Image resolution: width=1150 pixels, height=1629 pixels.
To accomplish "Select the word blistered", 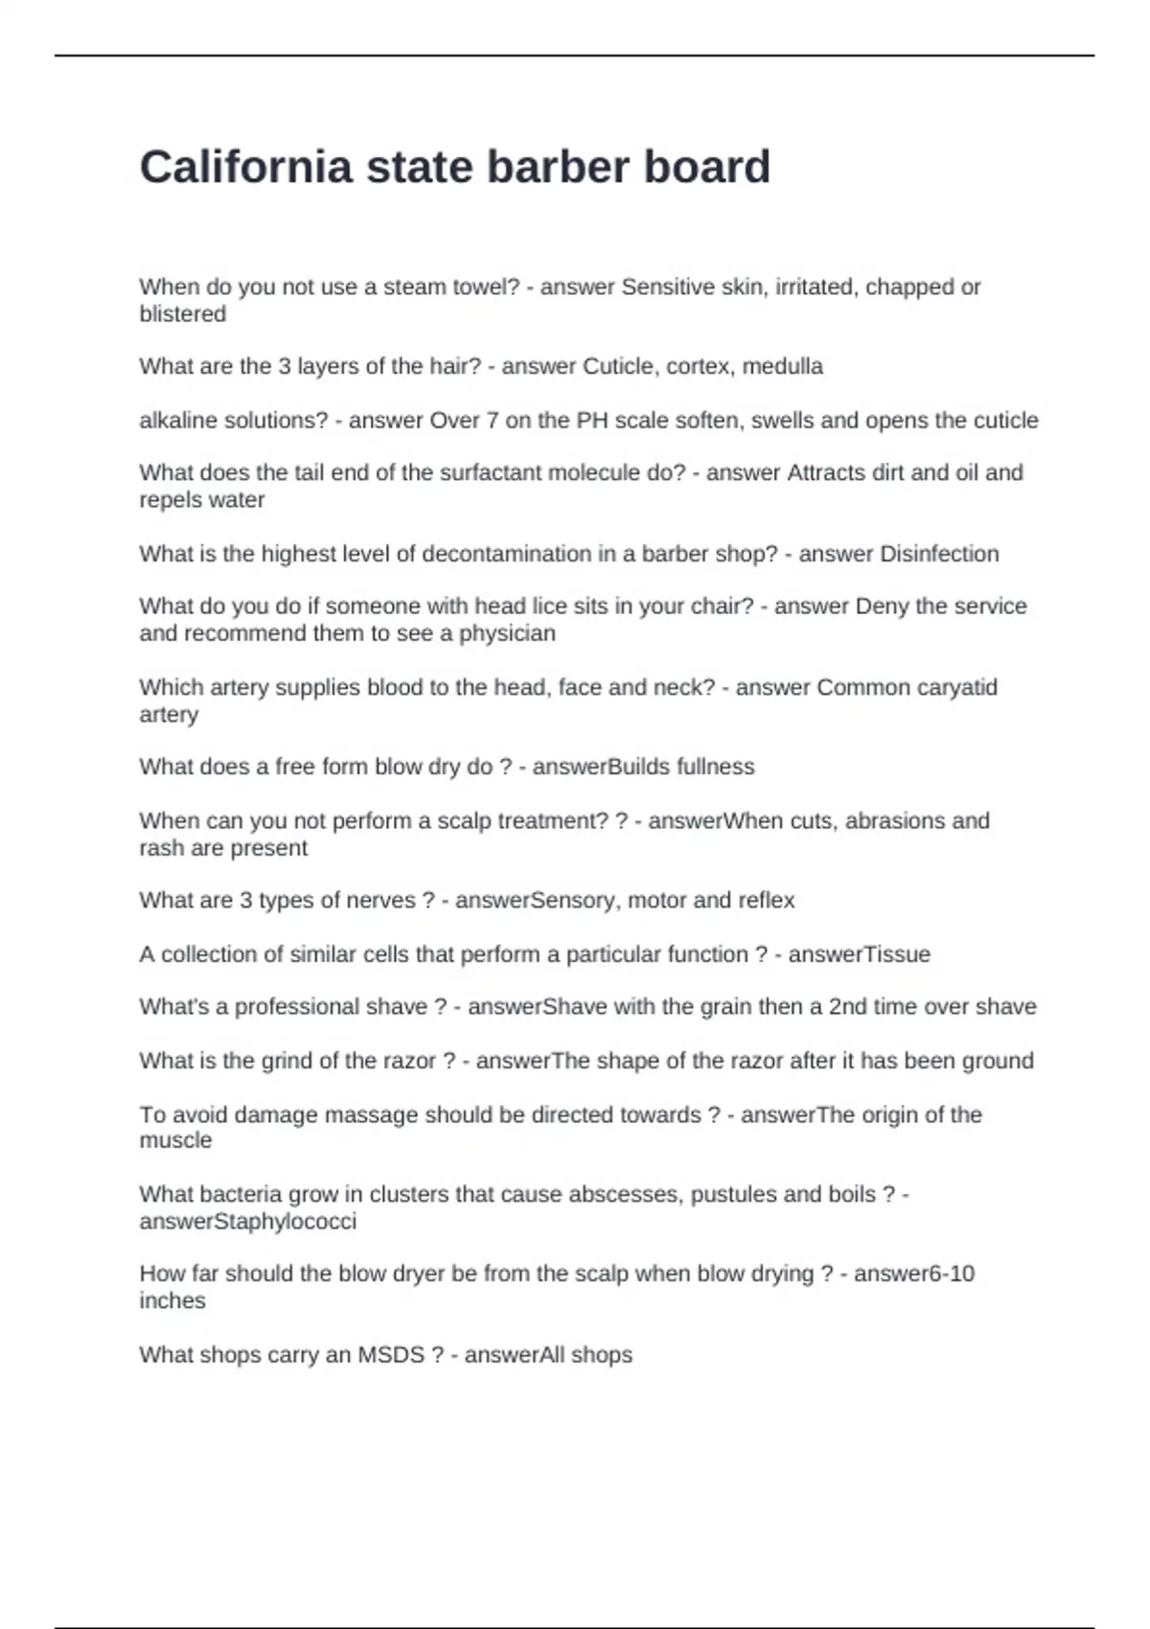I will click(182, 314).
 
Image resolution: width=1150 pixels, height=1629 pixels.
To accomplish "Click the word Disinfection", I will click(939, 554).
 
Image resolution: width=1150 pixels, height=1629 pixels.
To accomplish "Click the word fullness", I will click(715, 767).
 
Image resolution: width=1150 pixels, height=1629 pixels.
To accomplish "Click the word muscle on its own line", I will click(175, 1140).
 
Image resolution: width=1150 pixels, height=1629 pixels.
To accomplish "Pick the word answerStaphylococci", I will click(247, 1222).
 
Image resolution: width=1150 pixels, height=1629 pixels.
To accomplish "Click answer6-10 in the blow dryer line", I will click(914, 1273).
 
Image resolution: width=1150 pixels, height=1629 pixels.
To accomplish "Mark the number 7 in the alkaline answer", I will click(493, 421).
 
